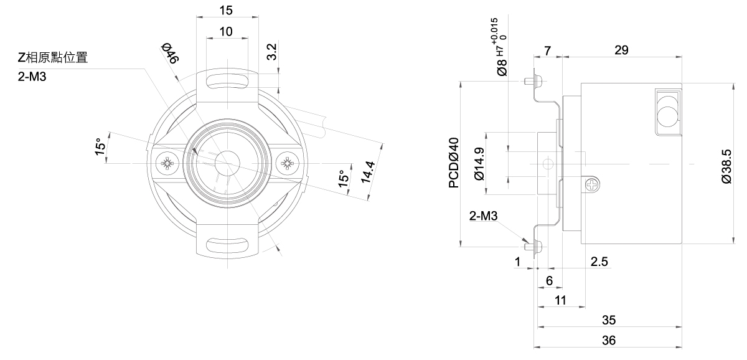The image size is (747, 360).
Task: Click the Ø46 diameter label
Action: pos(170,53)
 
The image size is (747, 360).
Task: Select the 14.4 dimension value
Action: pos(368,172)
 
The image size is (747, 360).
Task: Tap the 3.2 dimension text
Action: pos(272,52)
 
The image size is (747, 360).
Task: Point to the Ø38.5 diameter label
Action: pos(726,166)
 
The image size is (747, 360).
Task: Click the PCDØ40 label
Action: pos(454,163)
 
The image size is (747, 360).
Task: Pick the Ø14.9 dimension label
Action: pos(479,164)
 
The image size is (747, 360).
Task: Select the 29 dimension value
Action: pos(621,50)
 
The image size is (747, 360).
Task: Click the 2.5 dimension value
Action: pos(599,262)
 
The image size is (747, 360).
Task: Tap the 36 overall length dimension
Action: pos(609,340)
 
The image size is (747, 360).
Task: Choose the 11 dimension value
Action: pos(560,300)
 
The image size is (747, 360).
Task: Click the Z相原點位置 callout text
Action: pos(53,57)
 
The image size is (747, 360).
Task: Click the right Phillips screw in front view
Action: pos(287,163)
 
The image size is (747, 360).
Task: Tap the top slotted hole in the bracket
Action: pos(227,82)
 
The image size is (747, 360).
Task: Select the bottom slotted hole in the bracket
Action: pos(227,246)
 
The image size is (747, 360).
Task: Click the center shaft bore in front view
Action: pos(227,163)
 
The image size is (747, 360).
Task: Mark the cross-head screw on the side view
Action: pos(592,184)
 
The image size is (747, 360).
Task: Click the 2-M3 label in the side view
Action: pos(483,216)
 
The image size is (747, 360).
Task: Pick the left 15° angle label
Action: pos(100,146)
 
